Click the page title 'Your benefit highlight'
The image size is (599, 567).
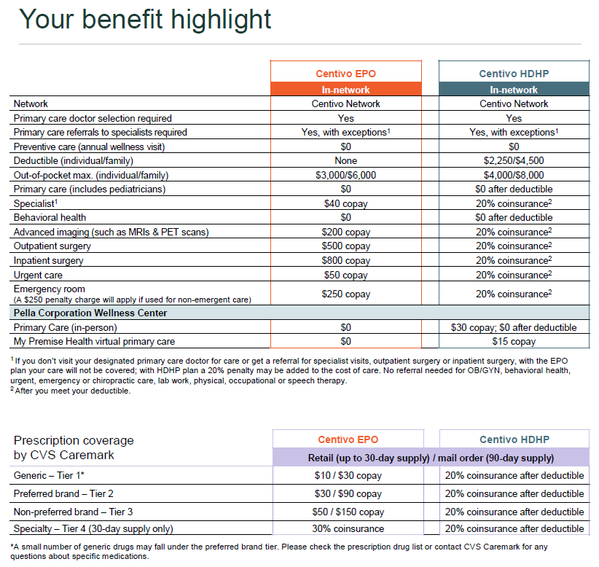pos(145,20)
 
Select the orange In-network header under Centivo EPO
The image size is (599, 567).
pos(345,90)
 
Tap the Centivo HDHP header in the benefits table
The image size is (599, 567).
pos(513,74)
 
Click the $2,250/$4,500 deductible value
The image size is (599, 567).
pos(513,160)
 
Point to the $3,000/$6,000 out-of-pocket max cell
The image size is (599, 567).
pos(345,175)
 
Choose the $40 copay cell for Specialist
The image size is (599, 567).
pos(345,203)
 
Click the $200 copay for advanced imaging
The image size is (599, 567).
pos(345,232)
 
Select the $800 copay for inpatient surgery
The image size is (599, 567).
pos(345,260)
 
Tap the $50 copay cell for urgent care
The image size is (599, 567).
pos(345,275)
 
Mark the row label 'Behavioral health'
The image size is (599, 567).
pos(50,217)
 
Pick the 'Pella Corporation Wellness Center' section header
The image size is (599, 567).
pos(90,313)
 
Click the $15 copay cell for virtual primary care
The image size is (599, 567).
pos(513,341)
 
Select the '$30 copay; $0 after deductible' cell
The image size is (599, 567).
pos(513,327)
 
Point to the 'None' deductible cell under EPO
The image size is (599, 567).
pos(345,160)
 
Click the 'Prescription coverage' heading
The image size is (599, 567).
pos(74,440)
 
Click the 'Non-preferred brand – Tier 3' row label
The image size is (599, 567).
pos(74,511)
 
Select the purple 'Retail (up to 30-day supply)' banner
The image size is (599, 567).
pos(430,458)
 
